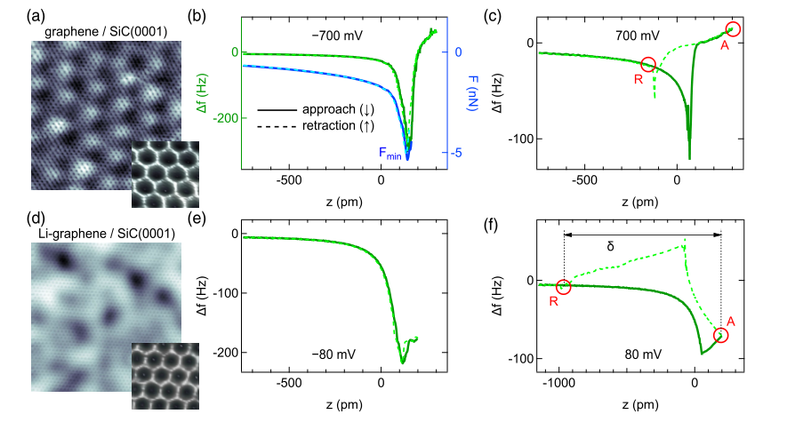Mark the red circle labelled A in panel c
[x=733, y=30]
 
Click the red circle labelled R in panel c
[x=648, y=64]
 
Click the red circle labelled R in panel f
[x=563, y=287]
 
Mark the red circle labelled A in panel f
[x=720, y=335]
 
